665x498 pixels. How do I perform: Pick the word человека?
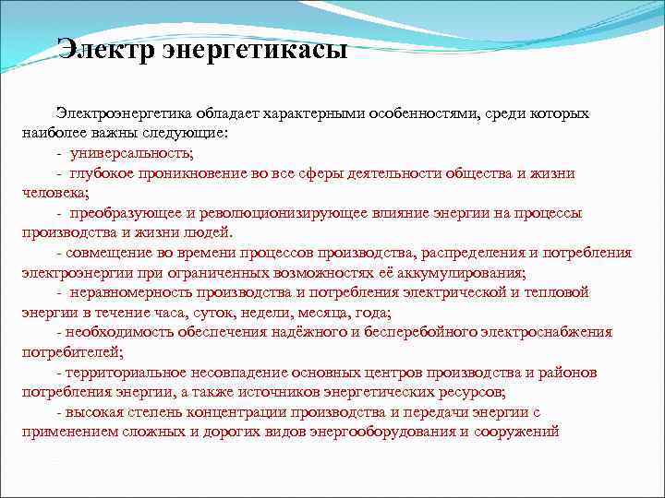coord(54,193)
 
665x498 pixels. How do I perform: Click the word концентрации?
coord(236,411)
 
